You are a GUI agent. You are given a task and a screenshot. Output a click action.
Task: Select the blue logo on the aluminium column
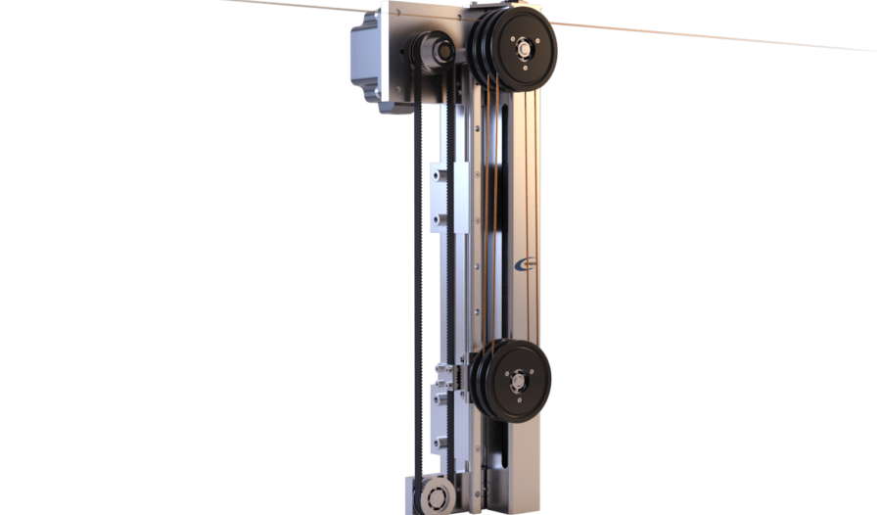click(526, 261)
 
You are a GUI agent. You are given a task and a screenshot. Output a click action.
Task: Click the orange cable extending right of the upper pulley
click(705, 36)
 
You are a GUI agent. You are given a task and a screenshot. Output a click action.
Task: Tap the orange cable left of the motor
click(294, 5)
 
